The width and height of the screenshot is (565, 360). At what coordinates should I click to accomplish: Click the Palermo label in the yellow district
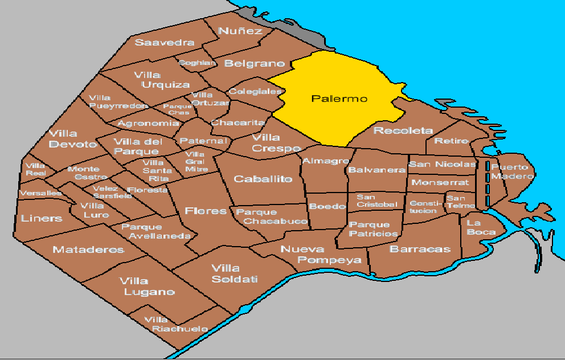coord(339,99)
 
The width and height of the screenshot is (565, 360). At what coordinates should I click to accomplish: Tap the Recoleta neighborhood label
coord(403,131)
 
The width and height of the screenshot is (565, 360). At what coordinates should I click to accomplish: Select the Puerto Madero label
coord(513,171)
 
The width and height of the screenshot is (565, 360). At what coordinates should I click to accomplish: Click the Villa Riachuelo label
coord(171,324)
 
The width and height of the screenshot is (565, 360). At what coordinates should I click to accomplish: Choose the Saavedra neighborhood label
coord(165,43)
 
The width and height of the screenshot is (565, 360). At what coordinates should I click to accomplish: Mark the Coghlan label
coord(198,63)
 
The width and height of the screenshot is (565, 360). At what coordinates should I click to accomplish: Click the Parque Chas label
coord(177,109)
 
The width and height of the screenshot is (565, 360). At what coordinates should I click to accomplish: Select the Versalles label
coord(40,193)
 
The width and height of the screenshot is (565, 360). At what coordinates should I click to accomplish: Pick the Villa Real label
coord(36,169)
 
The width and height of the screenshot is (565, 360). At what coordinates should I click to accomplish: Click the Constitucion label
coord(423,207)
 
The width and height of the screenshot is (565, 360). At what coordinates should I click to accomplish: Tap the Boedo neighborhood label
coord(327,206)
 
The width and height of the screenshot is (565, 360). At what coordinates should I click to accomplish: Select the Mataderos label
coord(88,249)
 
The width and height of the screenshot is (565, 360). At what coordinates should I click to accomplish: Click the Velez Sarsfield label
coord(112,192)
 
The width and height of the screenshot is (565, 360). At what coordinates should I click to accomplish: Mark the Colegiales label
coord(255,91)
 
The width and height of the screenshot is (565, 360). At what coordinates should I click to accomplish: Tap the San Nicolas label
coord(441,165)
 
